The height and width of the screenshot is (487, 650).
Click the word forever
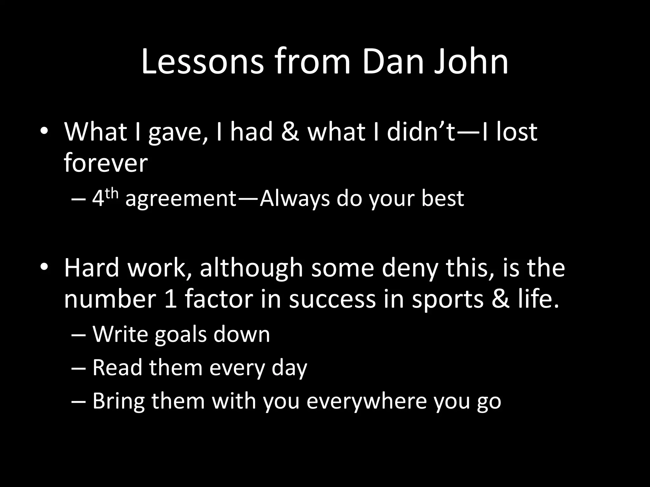pos(106,163)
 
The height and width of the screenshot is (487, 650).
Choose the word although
pos(251,268)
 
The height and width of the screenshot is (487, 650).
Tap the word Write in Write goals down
pos(120,334)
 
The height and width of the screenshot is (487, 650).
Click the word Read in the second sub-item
pos(117,367)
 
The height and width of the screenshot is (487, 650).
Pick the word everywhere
pos(366,401)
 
